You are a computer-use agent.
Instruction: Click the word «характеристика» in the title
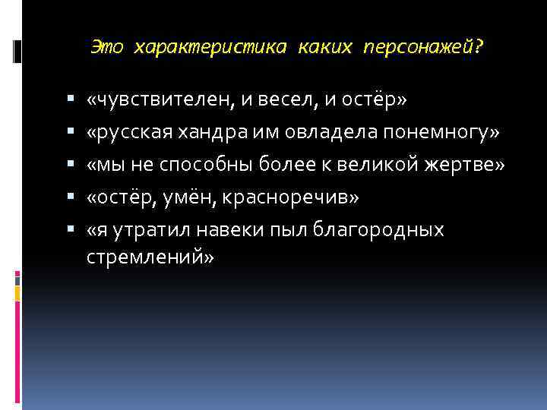click(210, 47)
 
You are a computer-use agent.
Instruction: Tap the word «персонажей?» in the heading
click(423, 47)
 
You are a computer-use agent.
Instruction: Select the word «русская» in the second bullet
click(136, 134)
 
